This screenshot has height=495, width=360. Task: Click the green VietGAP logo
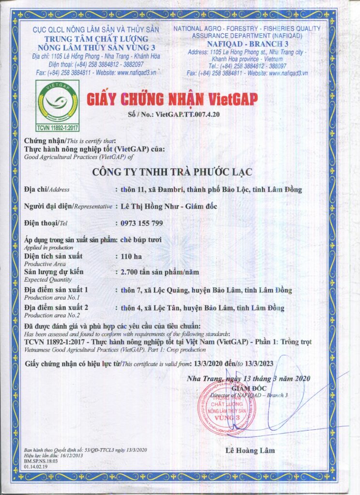(58, 103)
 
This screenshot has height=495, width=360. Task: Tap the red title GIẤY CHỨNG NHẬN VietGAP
(173, 99)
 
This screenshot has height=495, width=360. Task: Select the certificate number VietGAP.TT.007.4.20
(187, 115)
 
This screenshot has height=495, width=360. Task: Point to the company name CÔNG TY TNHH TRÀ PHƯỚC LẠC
(180, 172)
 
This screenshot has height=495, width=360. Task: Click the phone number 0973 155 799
(141, 223)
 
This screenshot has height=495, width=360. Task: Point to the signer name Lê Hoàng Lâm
(250, 451)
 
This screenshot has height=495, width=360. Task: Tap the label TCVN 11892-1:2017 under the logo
(58, 127)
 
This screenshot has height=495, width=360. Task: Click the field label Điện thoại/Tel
(45, 223)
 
